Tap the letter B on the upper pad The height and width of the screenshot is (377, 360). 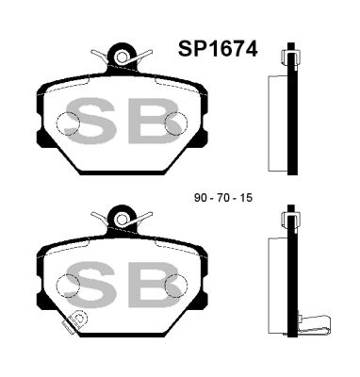[152, 124]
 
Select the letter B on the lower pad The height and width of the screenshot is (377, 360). [152, 282]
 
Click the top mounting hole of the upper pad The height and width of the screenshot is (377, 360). [121, 58]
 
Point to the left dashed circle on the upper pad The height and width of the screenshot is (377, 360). [69, 123]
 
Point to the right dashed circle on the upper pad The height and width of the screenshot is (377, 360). [175, 123]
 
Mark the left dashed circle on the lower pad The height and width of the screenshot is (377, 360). [69, 281]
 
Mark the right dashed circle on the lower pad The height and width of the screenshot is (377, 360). [175, 281]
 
